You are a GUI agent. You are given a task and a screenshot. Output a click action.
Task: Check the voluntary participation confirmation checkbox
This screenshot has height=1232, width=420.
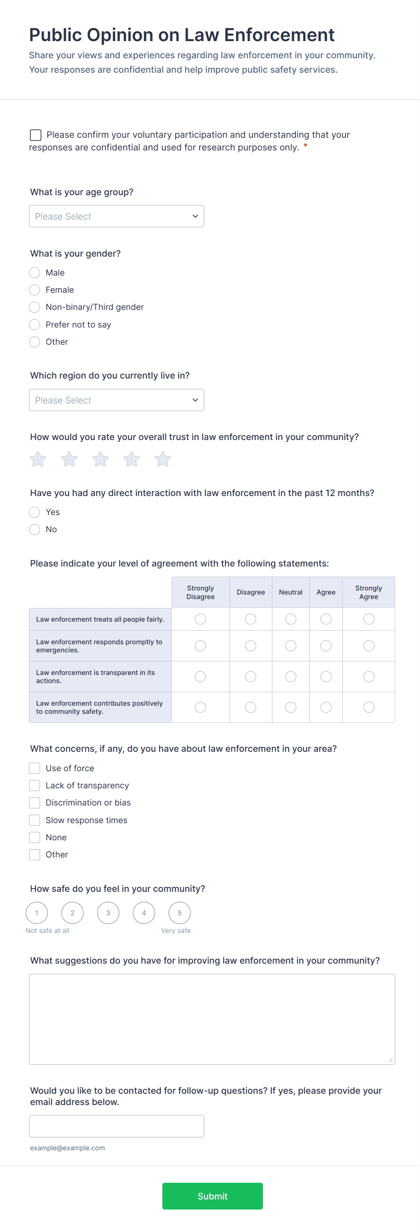click(35, 135)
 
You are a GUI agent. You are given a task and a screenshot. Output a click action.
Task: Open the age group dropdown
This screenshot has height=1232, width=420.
click(116, 216)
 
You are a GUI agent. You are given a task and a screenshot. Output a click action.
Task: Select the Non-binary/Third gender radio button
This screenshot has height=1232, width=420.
click(34, 307)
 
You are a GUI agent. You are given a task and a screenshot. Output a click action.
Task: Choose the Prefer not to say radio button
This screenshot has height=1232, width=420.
click(34, 325)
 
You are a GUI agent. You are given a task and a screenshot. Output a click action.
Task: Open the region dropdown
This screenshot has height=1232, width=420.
click(116, 400)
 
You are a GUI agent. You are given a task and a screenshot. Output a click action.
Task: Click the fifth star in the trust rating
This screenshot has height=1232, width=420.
click(163, 459)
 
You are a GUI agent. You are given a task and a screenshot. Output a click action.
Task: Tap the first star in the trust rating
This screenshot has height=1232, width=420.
click(38, 459)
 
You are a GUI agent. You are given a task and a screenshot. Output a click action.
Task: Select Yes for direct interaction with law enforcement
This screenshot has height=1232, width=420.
click(34, 512)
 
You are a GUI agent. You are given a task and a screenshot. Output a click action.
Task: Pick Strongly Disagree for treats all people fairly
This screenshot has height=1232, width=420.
click(200, 619)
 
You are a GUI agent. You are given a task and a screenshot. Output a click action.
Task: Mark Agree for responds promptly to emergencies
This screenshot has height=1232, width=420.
click(326, 646)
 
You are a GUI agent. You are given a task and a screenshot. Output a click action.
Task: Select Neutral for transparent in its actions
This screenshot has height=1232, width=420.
click(290, 676)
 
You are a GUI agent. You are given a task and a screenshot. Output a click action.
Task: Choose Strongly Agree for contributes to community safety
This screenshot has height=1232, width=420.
click(369, 707)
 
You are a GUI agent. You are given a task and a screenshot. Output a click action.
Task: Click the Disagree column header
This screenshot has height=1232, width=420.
click(250, 592)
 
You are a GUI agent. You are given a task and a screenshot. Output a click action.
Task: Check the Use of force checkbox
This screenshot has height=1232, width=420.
click(34, 768)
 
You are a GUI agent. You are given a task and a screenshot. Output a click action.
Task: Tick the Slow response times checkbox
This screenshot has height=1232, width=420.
click(34, 820)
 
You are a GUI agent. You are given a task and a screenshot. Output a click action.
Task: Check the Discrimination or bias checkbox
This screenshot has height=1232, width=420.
click(34, 802)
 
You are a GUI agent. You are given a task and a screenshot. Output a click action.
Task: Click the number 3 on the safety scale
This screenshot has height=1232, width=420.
click(108, 913)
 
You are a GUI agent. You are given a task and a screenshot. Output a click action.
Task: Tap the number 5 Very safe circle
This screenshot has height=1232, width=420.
click(179, 913)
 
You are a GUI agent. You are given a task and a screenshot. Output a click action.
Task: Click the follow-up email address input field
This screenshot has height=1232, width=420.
click(116, 1126)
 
